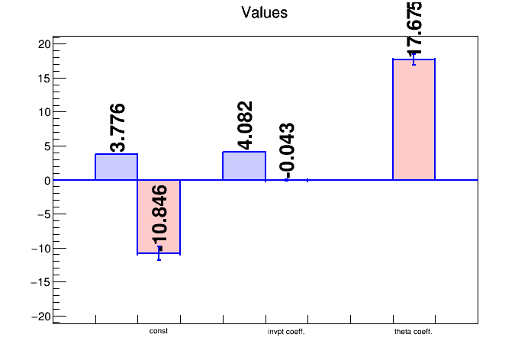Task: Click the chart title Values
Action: click(x=264, y=12)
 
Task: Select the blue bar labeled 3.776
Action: click(x=116, y=167)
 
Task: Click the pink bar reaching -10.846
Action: click(x=159, y=217)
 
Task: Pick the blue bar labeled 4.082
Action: click(x=243, y=166)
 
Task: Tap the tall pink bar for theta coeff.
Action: click(x=414, y=119)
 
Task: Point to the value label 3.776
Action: click(x=117, y=128)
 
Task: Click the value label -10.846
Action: click(x=159, y=217)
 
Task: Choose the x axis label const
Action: click(x=159, y=332)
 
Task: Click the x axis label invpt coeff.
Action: click(x=286, y=332)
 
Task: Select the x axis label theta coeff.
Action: click(x=414, y=332)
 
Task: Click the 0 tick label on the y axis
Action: click(x=47, y=181)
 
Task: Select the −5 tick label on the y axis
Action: click(x=43, y=214)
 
